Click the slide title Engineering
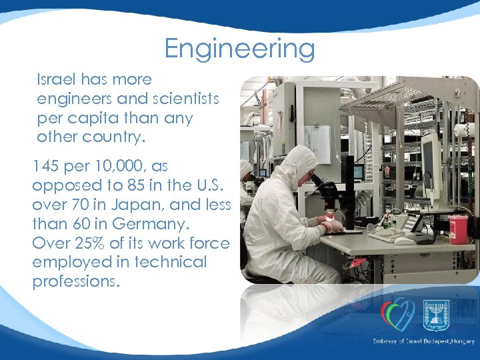[239, 49]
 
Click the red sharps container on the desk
[458, 229]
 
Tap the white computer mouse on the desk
[404, 241]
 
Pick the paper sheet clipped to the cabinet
[317, 143]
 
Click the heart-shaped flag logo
[397, 315]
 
